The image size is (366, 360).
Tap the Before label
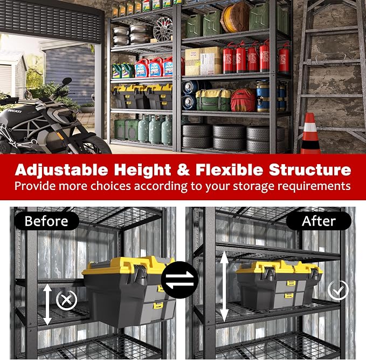[46, 221]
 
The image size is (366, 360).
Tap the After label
[319, 221]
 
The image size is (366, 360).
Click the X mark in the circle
[66, 300]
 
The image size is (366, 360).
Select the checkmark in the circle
[338, 290]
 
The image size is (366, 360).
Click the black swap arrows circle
[179, 280]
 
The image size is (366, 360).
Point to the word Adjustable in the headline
[61, 171]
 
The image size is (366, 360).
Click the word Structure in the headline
[310, 169]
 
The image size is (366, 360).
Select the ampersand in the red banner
[183, 169]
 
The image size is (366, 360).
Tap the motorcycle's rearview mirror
[67, 81]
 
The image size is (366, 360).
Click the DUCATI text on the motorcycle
[15, 111]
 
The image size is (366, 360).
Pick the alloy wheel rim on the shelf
[163, 29]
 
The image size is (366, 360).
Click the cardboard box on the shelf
[203, 61]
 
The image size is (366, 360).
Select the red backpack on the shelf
[243, 100]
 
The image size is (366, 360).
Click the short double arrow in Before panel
[47, 304]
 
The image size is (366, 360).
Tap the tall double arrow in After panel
[224, 287]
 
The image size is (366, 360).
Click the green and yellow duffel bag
[213, 100]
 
